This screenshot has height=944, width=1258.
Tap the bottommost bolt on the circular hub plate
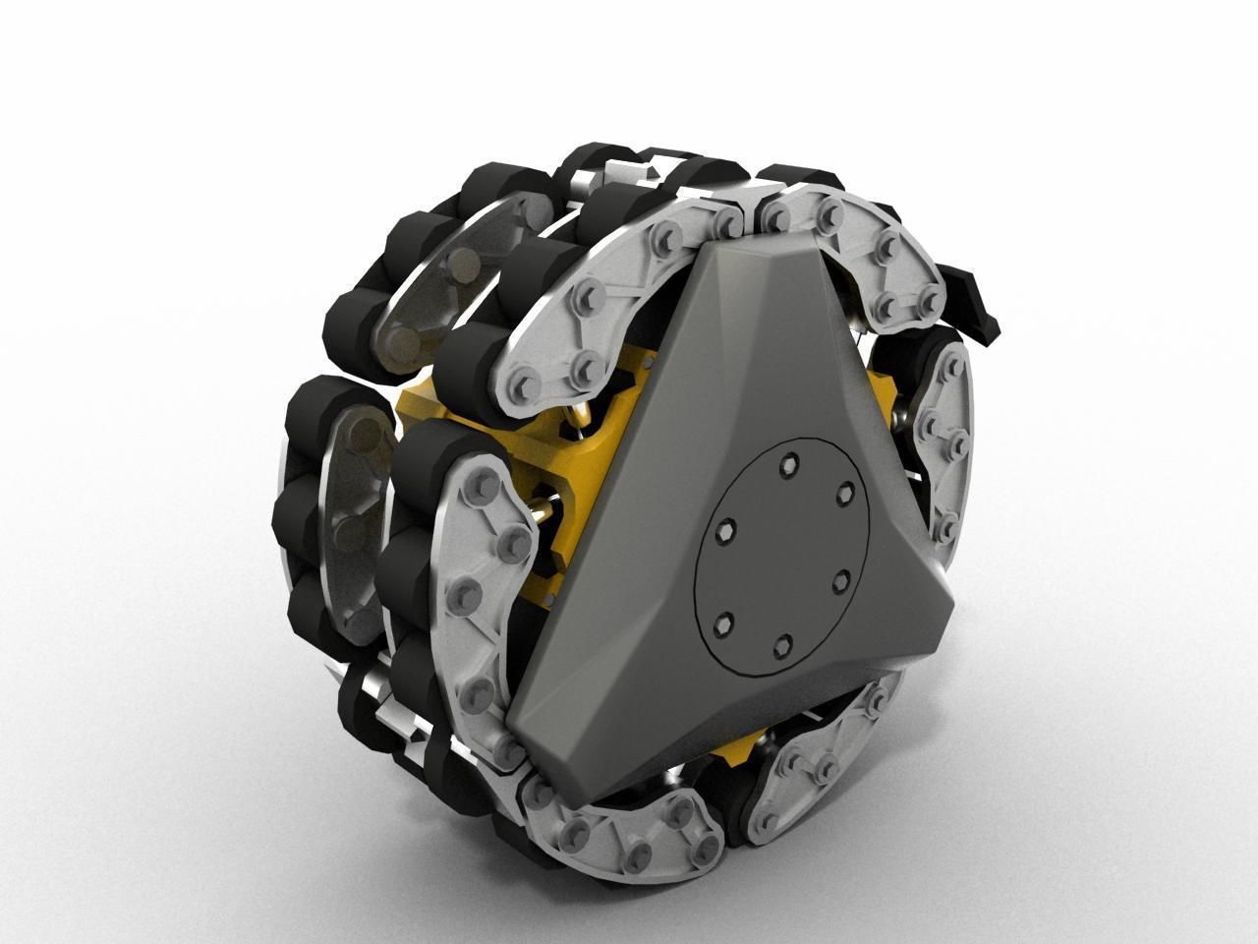(781, 644)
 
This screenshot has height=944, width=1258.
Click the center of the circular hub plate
(781, 556)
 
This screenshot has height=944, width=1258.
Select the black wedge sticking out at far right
(973, 295)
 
